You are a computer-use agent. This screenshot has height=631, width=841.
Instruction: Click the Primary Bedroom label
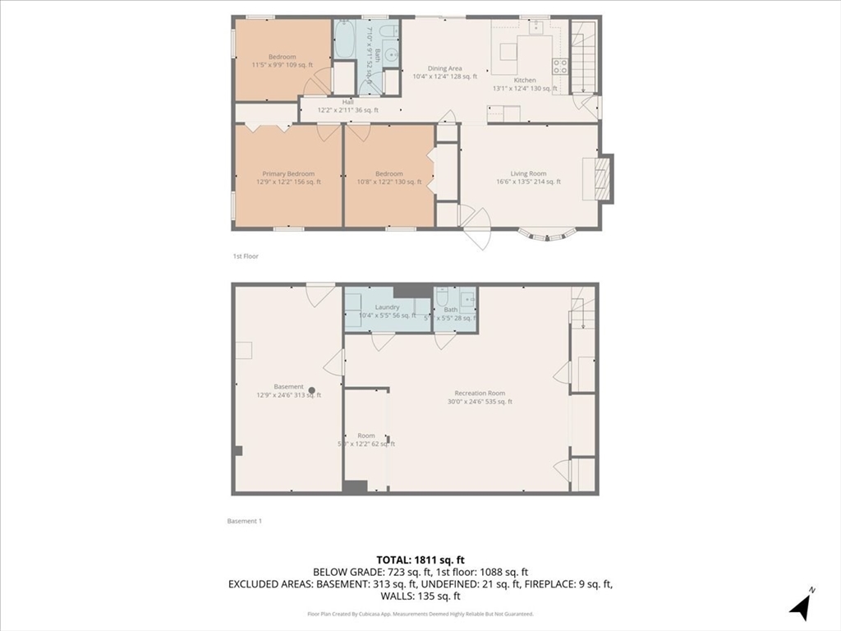(x=288, y=174)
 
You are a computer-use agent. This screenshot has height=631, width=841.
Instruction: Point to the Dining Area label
(x=444, y=69)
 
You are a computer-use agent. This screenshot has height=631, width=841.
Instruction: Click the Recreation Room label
(x=480, y=394)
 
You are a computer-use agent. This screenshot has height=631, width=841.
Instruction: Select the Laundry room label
(x=387, y=307)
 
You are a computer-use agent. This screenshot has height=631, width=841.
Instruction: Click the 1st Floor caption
(x=245, y=256)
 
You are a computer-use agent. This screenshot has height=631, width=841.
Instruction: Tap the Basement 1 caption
(x=244, y=521)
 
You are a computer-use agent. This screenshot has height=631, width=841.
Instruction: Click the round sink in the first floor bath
(x=389, y=56)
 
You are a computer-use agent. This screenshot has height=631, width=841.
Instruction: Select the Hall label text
(x=348, y=102)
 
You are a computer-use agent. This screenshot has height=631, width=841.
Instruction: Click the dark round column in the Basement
(x=311, y=391)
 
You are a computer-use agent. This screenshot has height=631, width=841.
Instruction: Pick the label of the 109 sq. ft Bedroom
(x=283, y=57)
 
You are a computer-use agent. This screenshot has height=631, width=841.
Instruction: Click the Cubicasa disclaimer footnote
(x=420, y=614)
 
